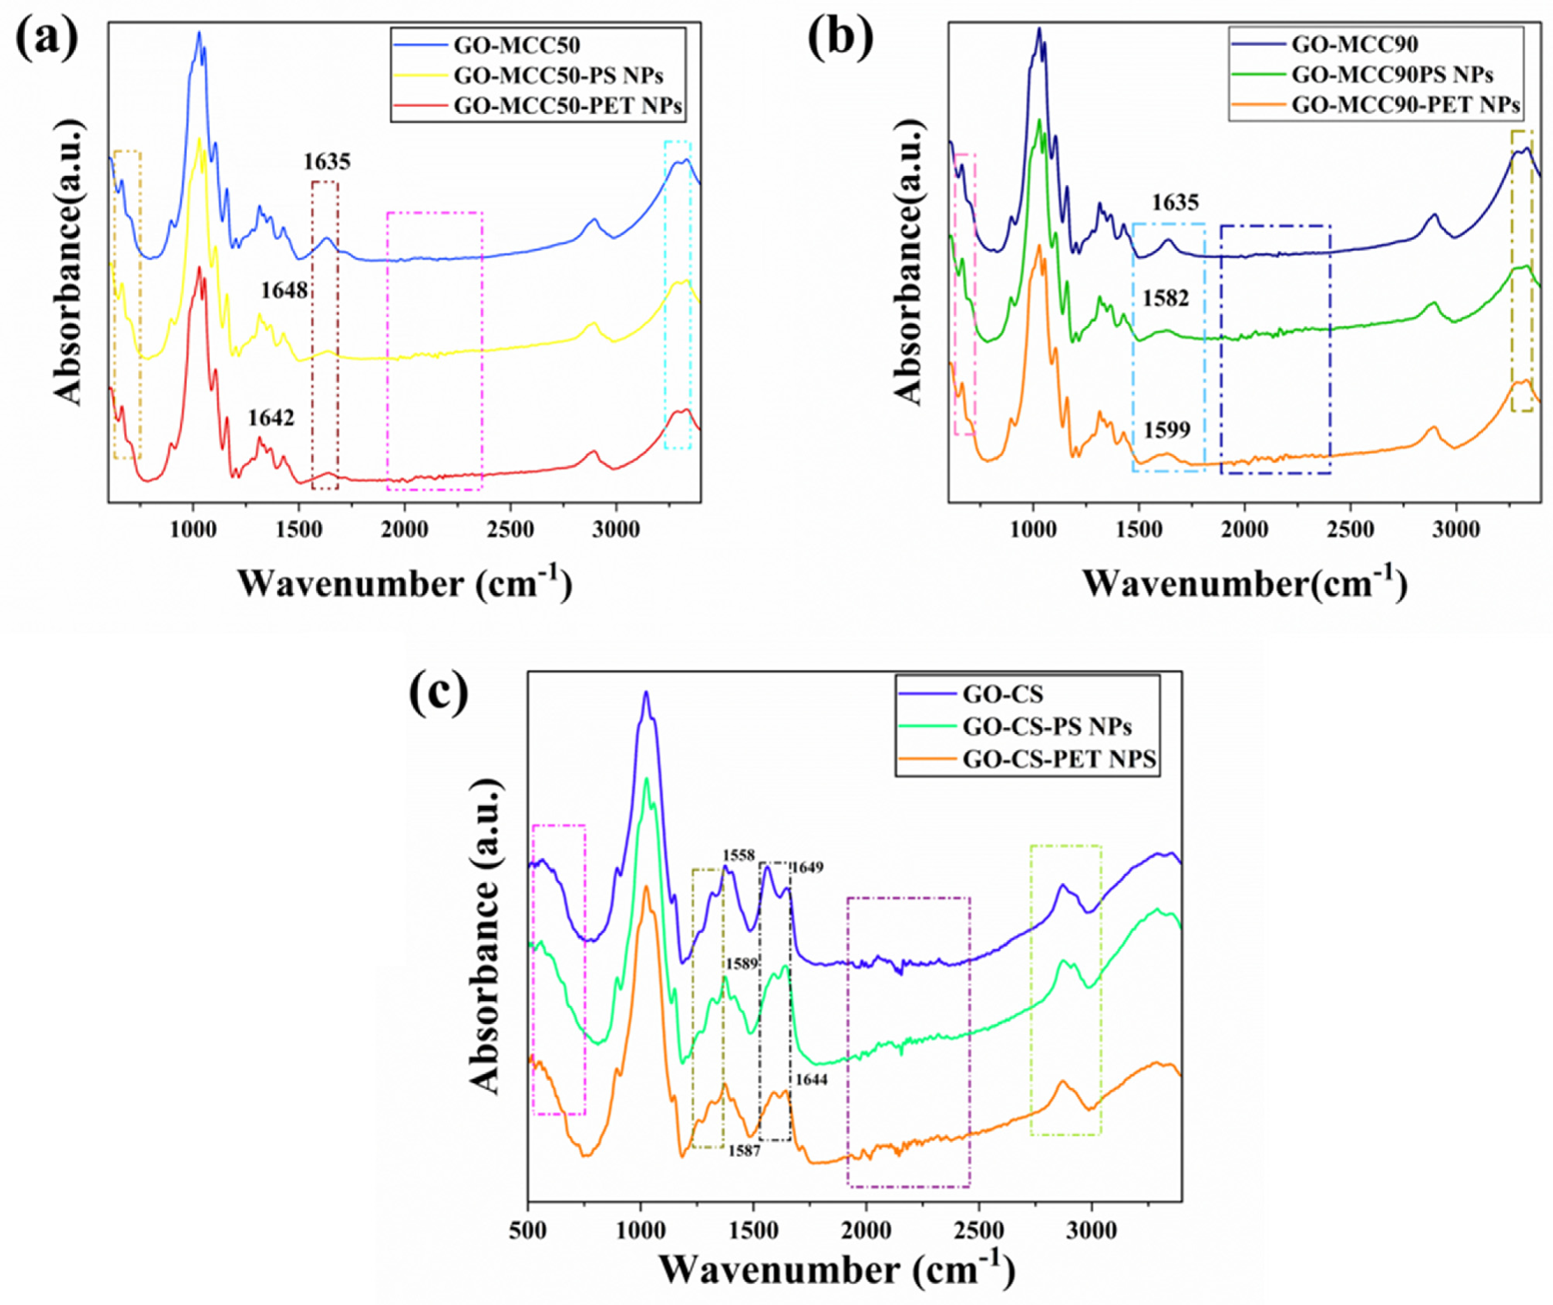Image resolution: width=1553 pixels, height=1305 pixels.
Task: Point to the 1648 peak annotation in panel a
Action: tap(284, 291)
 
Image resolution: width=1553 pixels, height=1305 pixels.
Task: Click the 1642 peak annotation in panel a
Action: tap(271, 419)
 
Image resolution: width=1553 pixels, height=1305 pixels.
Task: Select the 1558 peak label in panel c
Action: tap(739, 855)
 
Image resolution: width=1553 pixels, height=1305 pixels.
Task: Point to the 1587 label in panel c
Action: tap(744, 1151)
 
